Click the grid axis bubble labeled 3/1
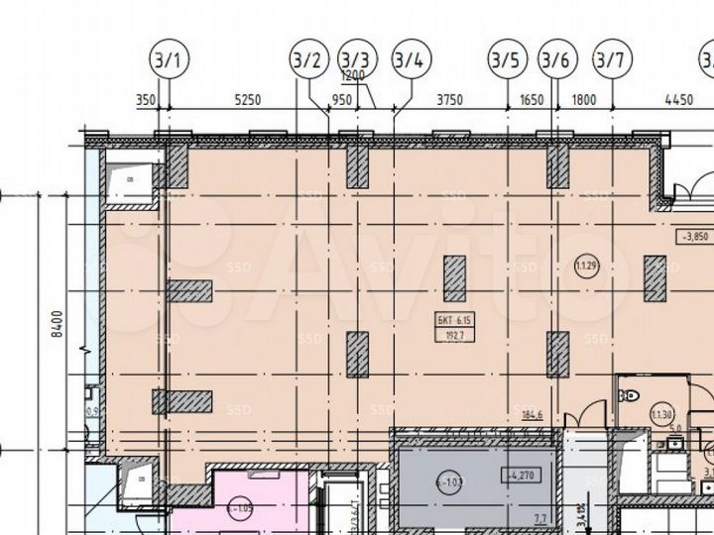pos(167,60)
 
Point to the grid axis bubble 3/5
pos(505,60)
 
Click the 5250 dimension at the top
pos(246,100)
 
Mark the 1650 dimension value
pos(532,100)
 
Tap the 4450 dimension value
pos(678,100)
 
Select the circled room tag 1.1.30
pos(660,414)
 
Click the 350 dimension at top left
pos(146,100)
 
